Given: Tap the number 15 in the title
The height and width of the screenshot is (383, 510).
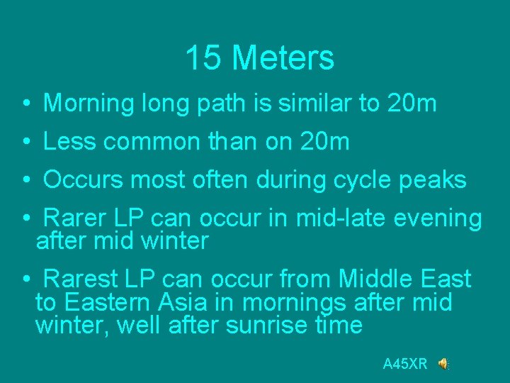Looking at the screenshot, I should coord(204,58).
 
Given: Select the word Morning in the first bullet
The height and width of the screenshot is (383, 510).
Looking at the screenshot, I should coord(88,104).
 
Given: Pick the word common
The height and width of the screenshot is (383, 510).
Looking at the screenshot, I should coord(152,142).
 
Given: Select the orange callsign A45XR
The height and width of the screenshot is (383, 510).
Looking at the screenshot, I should coord(405,365).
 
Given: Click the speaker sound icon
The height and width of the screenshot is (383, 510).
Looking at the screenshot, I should coord(443,364).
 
